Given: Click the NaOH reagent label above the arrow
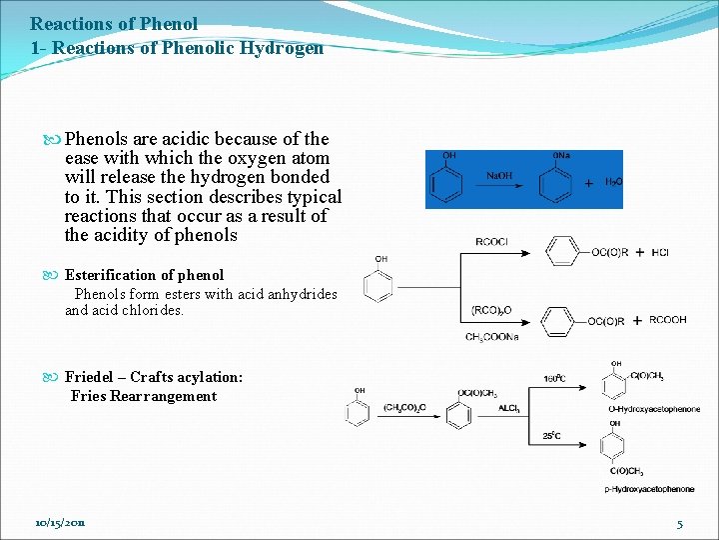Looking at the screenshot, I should (500, 175).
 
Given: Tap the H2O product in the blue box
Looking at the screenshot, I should (612, 182).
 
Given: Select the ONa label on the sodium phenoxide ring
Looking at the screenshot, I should (561, 156).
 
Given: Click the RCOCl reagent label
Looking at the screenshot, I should (491, 241).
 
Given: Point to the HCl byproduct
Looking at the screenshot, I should (659, 253).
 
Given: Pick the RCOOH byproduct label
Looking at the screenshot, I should (667, 321).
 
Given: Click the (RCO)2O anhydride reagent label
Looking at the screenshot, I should (490, 311).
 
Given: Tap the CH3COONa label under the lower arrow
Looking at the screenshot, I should (491, 337).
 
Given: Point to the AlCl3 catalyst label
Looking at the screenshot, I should (509, 408).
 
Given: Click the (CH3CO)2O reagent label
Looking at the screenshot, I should (404, 408).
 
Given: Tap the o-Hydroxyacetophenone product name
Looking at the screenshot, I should (653, 409).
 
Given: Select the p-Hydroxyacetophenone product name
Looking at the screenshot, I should (649, 489).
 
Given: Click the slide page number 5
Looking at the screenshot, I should (679, 524).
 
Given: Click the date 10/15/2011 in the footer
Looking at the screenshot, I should (60, 523).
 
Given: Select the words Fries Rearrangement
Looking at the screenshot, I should (144, 396).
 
